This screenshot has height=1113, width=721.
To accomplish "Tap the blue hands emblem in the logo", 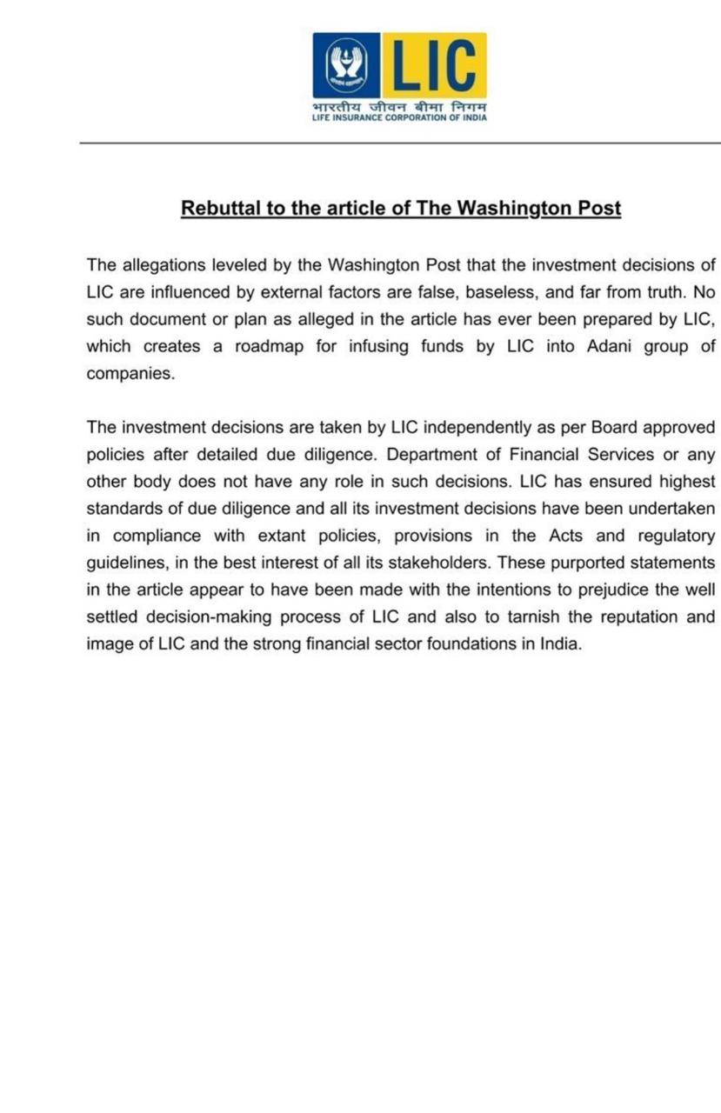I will tap(346, 65).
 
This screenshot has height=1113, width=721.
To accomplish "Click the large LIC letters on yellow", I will tap(434, 65).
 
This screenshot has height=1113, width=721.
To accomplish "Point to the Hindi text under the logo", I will tap(399, 107).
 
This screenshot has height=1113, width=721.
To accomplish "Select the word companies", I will tap(130, 373).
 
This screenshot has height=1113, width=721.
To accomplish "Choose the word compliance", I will tap(157, 536).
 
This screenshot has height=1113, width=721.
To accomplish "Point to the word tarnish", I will tap(499, 617).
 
